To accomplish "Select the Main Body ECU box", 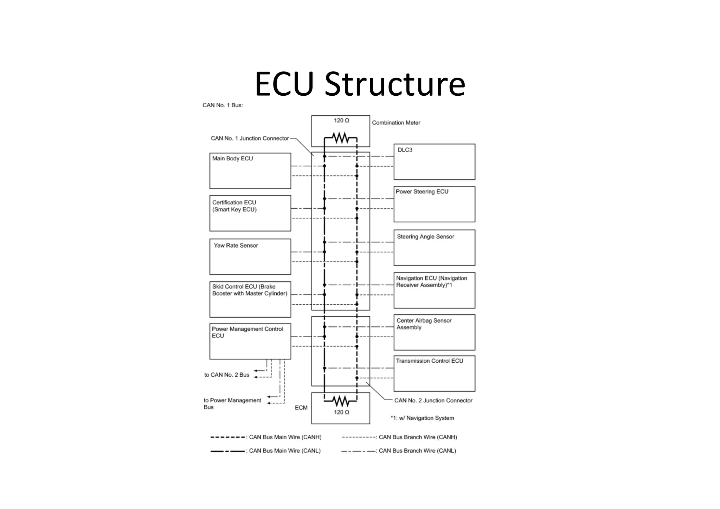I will (x=250, y=171).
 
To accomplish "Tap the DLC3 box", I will (x=434, y=162).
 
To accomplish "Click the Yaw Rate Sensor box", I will (x=250, y=256).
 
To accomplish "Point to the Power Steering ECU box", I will (x=434, y=204).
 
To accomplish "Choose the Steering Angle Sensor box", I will (x=434, y=247).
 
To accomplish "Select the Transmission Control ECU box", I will (x=434, y=373).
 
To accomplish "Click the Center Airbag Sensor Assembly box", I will (x=434, y=332).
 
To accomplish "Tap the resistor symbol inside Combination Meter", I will (x=340, y=138).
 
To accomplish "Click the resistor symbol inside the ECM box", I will (x=340, y=401).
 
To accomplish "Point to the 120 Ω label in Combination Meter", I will (x=341, y=121).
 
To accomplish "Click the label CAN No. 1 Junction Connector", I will (x=250, y=138).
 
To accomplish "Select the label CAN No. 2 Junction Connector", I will (x=433, y=400).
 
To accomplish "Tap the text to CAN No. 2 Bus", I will (x=227, y=375).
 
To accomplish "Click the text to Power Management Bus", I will (x=232, y=403).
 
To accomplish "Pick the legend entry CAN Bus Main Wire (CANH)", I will (x=285, y=437).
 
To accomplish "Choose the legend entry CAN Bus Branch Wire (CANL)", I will (x=417, y=451).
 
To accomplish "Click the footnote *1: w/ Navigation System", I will (x=422, y=418).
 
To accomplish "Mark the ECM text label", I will (x=301, y=408).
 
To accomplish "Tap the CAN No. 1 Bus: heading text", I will (x=223, y=105).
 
